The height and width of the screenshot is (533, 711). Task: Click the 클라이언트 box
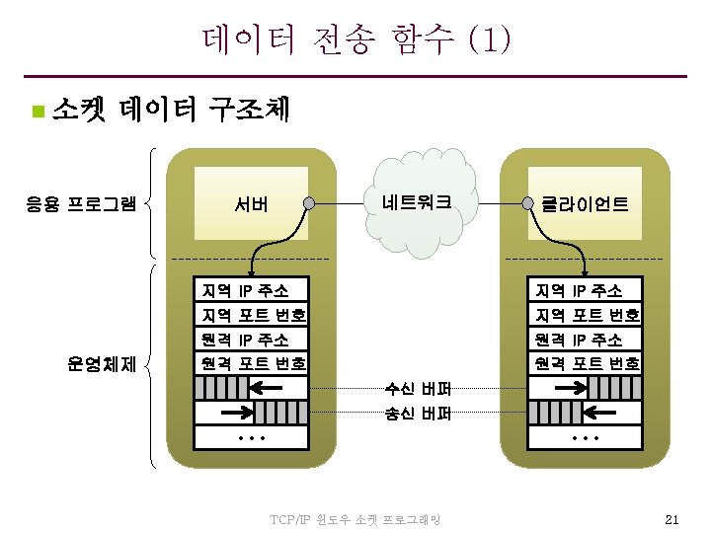coord(585,205)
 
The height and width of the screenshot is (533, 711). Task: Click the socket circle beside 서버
coord(309,204)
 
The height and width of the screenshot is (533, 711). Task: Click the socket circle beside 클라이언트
coord(528,205)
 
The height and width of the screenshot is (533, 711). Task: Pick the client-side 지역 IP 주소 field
coord(585,290)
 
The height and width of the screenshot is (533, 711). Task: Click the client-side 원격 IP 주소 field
coord(585,339)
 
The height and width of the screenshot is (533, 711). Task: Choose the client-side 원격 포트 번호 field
coord(585,363)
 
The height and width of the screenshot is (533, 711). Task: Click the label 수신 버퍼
coord(419,388)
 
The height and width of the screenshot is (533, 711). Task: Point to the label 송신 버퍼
coord(419,415)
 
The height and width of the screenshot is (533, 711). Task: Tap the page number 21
coord(672,519)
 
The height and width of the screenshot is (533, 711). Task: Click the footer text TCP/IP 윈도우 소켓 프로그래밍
coord(355,519)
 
